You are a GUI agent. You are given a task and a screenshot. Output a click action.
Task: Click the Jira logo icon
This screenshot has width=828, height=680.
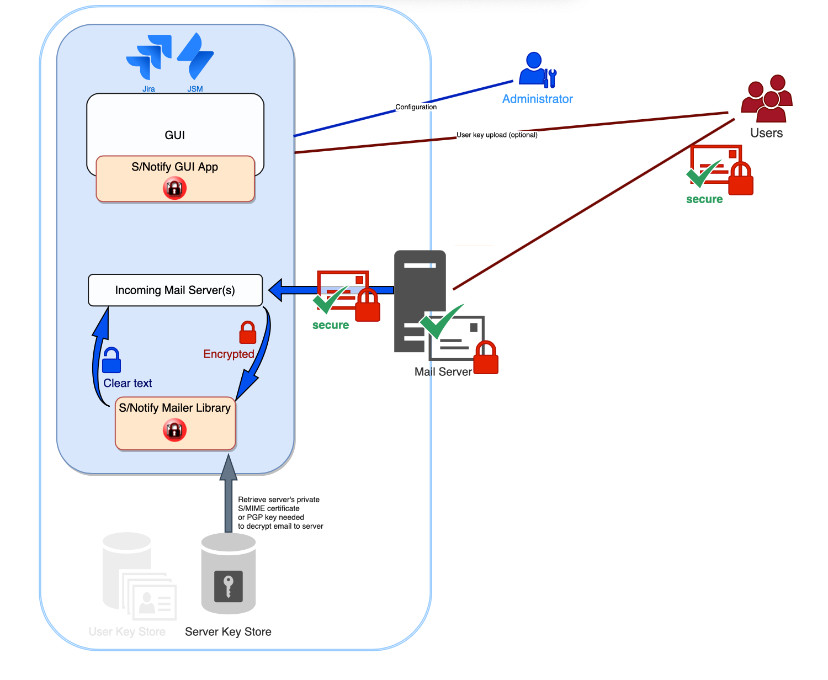click(x=149, y=56)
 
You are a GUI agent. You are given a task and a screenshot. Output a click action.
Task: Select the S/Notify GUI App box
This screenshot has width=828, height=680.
click(x=175, y=178)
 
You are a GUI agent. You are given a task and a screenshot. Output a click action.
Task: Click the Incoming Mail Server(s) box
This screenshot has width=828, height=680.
click(x=175, y=290)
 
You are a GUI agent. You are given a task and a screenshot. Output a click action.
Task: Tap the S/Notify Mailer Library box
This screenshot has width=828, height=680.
click(x=175, y=423)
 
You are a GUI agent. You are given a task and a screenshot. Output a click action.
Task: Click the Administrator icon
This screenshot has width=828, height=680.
click(x=537, y=70)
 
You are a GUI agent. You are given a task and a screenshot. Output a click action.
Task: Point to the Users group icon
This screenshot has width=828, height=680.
click(x=767, y=99)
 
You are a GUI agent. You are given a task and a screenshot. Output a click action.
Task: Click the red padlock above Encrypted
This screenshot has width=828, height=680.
click(x=248, y=332)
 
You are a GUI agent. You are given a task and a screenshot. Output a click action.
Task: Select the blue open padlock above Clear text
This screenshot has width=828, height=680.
click(x=112, y=360)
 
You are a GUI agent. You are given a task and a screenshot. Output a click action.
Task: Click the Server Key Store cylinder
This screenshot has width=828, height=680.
click(x=229, y=574)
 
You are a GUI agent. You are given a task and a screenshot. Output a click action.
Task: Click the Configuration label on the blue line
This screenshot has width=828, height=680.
click(x=416, y=107)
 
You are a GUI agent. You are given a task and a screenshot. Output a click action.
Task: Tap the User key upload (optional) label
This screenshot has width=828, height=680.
click(x=497, y=135)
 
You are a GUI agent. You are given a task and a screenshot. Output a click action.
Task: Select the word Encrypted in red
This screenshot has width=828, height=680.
click(x=229, y=354)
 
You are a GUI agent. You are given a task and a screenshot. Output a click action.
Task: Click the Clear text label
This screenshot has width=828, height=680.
click(x=128, y=383)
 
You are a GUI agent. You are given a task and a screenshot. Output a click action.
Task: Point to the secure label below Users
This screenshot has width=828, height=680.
click(x=704, y=199)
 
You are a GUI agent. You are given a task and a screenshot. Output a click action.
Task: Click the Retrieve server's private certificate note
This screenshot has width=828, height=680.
click(x=280, y=513)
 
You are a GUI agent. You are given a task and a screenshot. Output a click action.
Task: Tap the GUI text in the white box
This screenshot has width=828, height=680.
click(x=175, y=135)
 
